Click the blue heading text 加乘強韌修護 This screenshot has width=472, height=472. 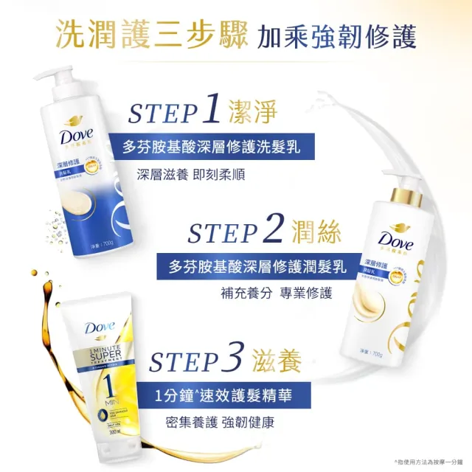pos(336,36)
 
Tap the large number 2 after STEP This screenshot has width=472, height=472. pos(272,230)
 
